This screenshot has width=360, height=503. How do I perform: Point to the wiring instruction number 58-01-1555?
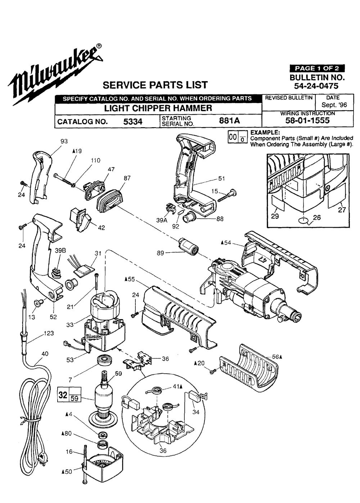click(307, 121)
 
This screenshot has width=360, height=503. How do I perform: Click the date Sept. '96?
click(334, 106)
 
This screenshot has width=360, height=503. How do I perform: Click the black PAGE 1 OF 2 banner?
click(317, 68)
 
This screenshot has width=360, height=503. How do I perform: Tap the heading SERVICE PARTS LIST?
click(155, 85)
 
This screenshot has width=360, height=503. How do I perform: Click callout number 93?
click(64, 141)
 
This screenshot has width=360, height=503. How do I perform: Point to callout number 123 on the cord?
click(49, 333)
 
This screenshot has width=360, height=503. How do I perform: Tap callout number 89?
click(161, 253)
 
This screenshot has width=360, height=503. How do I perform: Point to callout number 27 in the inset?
click(342, 210)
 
